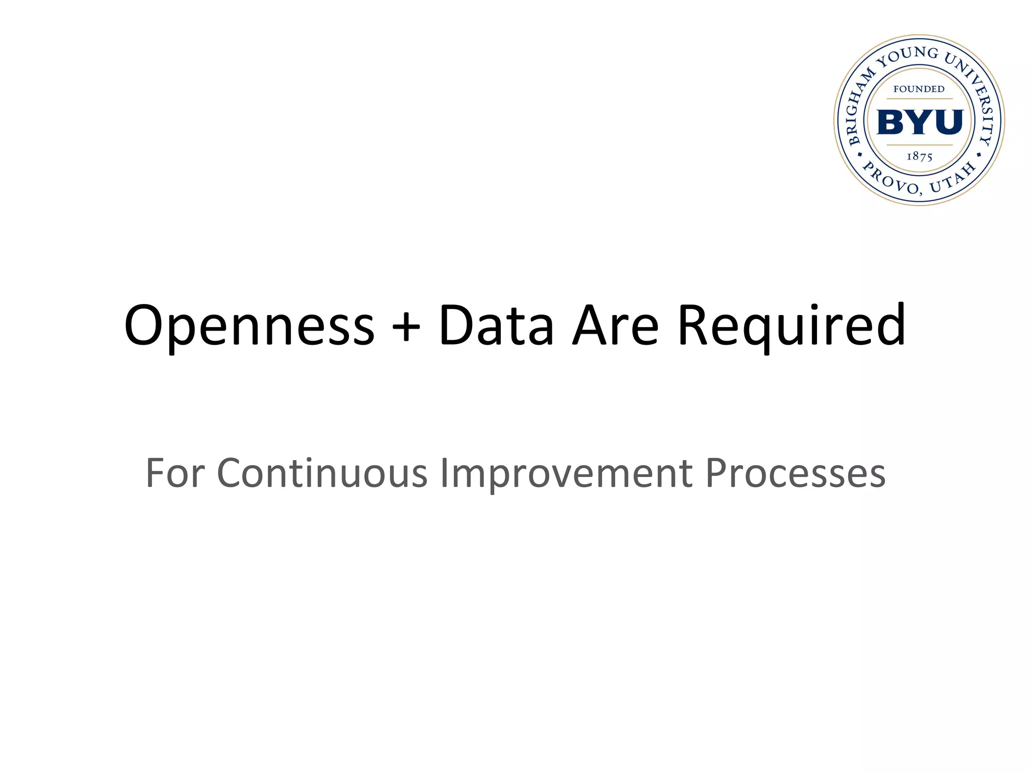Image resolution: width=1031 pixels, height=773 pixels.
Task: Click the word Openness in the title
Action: coord(249,326)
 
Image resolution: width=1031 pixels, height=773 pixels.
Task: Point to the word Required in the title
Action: coord(791,326)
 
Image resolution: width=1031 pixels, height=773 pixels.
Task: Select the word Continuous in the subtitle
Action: coord(322,473)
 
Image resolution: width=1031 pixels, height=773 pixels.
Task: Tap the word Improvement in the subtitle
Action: coord(566,473)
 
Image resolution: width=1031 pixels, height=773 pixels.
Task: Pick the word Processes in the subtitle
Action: coord(795,473)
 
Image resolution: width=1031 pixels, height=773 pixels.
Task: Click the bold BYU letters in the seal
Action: coord(920,122)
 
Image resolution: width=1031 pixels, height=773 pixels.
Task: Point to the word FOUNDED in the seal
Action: coord(919,89)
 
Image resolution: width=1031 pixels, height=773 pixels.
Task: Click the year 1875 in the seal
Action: coord(919,157)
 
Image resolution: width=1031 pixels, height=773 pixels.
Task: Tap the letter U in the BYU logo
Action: coord(948,122)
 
